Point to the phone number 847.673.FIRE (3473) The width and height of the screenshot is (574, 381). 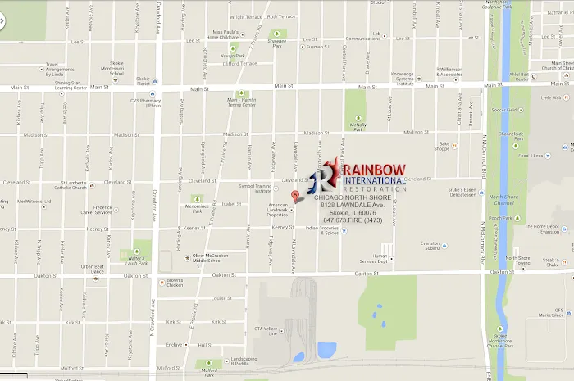(x=353, y=220)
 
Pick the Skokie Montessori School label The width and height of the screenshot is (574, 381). (x=117, y=69)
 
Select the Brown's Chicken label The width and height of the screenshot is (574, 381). (x=175, y=284)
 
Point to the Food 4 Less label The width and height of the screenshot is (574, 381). (x=535, y=155)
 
